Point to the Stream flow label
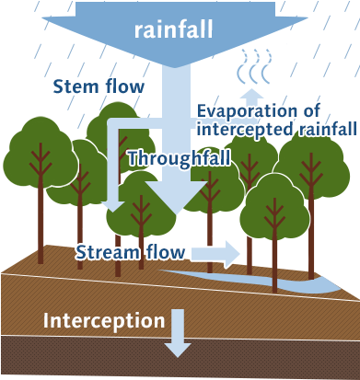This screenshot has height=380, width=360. click(x=131, y=251)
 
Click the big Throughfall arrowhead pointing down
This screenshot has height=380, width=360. click(x=169, y=202)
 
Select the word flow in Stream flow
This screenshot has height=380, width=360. click(x=167, y=251)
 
